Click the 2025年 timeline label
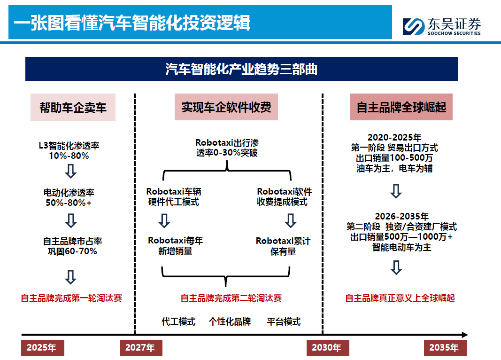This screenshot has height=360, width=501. (x=42, y=348)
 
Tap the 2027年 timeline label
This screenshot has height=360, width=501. (x=140, y=348)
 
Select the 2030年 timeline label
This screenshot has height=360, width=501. (x=327, y=348)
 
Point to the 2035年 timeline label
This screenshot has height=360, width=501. (x=444, y=348)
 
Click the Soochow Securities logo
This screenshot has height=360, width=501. (x=441, y=26)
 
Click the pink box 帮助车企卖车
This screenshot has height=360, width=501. (x=73, y=107)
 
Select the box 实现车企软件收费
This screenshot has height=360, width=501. (x=226, y=107)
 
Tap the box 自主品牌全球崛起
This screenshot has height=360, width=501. (x=401, y=107)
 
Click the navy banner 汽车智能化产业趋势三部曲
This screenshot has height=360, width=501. (x=241, y=69)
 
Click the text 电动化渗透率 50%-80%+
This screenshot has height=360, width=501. (x=69, y=197)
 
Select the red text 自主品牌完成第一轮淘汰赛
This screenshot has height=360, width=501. (x=71, y=298)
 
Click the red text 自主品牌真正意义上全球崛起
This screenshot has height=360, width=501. (x=400, y=298)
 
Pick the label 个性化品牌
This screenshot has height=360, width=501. (x=230, y=321)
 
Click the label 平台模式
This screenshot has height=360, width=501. (x=284, y=321)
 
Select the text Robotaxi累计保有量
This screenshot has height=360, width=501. (x=283, y=246)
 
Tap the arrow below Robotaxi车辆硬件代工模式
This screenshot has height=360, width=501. (x=164, y=220)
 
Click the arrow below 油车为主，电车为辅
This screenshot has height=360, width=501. (x=396, y=191)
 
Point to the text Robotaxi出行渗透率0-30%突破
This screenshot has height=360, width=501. (x=227, y=148)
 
